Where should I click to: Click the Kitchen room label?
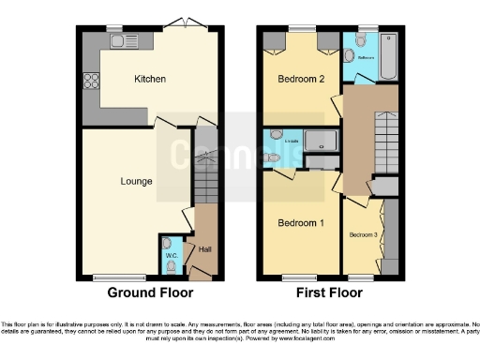150,79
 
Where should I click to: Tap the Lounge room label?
137,180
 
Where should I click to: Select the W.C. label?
171,255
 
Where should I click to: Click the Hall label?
204,248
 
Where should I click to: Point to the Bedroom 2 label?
300,80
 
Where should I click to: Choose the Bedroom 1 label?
300,223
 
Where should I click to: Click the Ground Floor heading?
144,292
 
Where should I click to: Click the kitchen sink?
124,40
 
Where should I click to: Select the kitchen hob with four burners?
92,81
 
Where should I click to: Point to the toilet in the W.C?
170,265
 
